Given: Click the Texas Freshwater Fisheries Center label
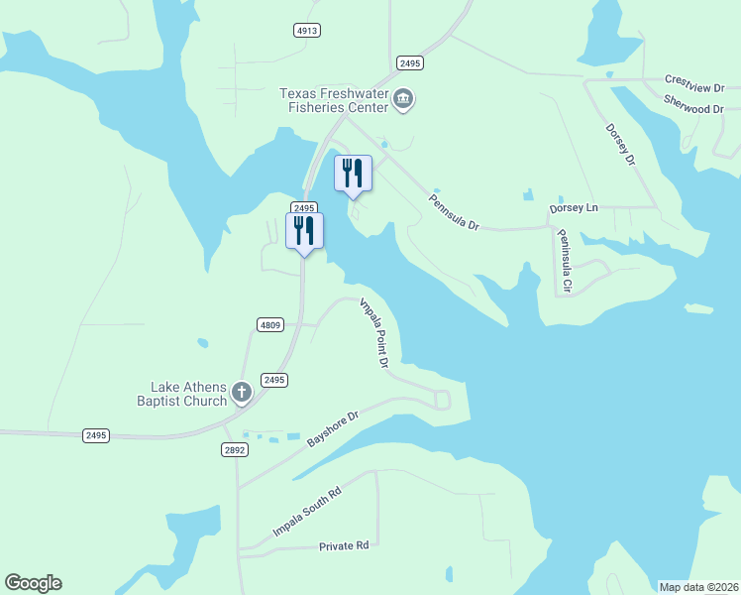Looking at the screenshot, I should click(x=335, y=99).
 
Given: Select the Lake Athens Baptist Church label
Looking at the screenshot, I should click(x=188, y=394).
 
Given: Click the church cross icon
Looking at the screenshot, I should click(x=242, y=395).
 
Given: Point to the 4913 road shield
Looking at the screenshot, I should click(x=307, y=31).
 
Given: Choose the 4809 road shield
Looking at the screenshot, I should click(x=269, y=323).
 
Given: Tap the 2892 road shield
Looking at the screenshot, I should click(x=234, y=449).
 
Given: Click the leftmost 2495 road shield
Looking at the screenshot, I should click(x=96, y=435).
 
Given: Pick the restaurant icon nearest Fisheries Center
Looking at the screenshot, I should click(x=354, y=174).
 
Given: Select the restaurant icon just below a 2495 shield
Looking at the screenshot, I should click(x=304, y=231).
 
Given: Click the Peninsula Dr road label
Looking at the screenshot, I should click(x=454, y=211).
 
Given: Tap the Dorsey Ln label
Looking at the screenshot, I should click(x=574, y=209).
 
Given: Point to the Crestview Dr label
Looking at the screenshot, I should click(x=694, y=79).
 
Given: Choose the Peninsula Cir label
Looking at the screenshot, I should click(x=565, y=261).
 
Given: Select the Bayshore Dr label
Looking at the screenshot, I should click(x=331, y=427).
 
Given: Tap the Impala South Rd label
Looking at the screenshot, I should click(x=307, y=513).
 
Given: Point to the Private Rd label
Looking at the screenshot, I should click(x=344, y=545).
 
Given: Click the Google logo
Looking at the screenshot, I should click(x=33, y=583).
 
